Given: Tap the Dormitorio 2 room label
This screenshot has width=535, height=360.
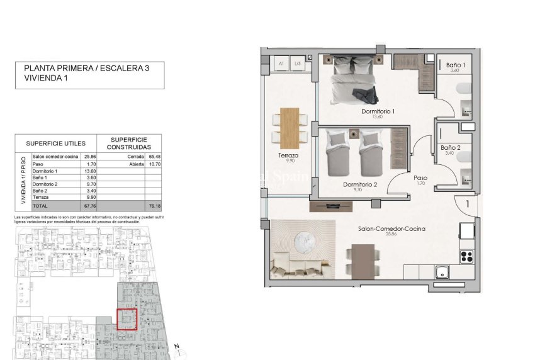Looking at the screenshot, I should click(360, 184).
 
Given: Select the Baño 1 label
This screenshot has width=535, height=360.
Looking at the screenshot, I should click(456, 65).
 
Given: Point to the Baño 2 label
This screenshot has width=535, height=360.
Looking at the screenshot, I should click(450, 148).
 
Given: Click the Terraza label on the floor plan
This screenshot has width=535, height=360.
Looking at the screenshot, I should click(288, 155).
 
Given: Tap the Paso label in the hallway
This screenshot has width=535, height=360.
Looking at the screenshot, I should click(420, 178).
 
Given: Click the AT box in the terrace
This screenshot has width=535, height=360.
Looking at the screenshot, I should click(280, 64).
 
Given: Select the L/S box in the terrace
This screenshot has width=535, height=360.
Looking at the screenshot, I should click(298, 64).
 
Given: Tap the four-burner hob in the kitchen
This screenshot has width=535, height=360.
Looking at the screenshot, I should click(467, 256).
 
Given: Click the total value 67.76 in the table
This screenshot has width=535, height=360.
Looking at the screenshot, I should click(89, 205).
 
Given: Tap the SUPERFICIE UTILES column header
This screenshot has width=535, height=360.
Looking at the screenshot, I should click(55, 143).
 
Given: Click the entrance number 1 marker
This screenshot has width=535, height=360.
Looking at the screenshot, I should click(467, 204).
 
